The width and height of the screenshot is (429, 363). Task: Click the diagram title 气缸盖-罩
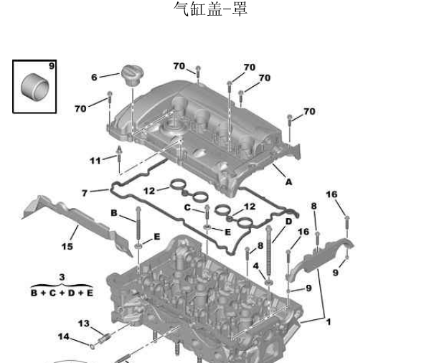click(x=211, y=9)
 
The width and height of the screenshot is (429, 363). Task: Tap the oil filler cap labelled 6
click(x=133, y=75)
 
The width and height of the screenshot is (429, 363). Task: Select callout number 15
click(x=67, y=247)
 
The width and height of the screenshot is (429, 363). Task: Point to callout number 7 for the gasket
click(x=85, y=193)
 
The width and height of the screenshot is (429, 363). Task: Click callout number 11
click(x=95, y=161)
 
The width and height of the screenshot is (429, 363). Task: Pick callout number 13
click(x=84, y=324)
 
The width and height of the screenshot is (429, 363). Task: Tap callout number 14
click(x=63, y=336)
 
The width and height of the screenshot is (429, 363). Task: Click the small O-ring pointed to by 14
click(x=93, y=347)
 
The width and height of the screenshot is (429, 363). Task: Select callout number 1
click(x=329, y=322)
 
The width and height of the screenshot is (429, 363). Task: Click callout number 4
click(x=256, y=266)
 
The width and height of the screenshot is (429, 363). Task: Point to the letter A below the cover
click(x=288, y=182)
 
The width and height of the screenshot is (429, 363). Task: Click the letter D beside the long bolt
click(x=288, y=221)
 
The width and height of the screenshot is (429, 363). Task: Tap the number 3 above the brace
click(x=62, y=277)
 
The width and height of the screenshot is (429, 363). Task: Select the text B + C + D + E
click(x=62, y=293)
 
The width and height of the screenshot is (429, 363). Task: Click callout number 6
click(x=94, y=77)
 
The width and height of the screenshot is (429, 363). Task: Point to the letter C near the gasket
click(x=187, y=207)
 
